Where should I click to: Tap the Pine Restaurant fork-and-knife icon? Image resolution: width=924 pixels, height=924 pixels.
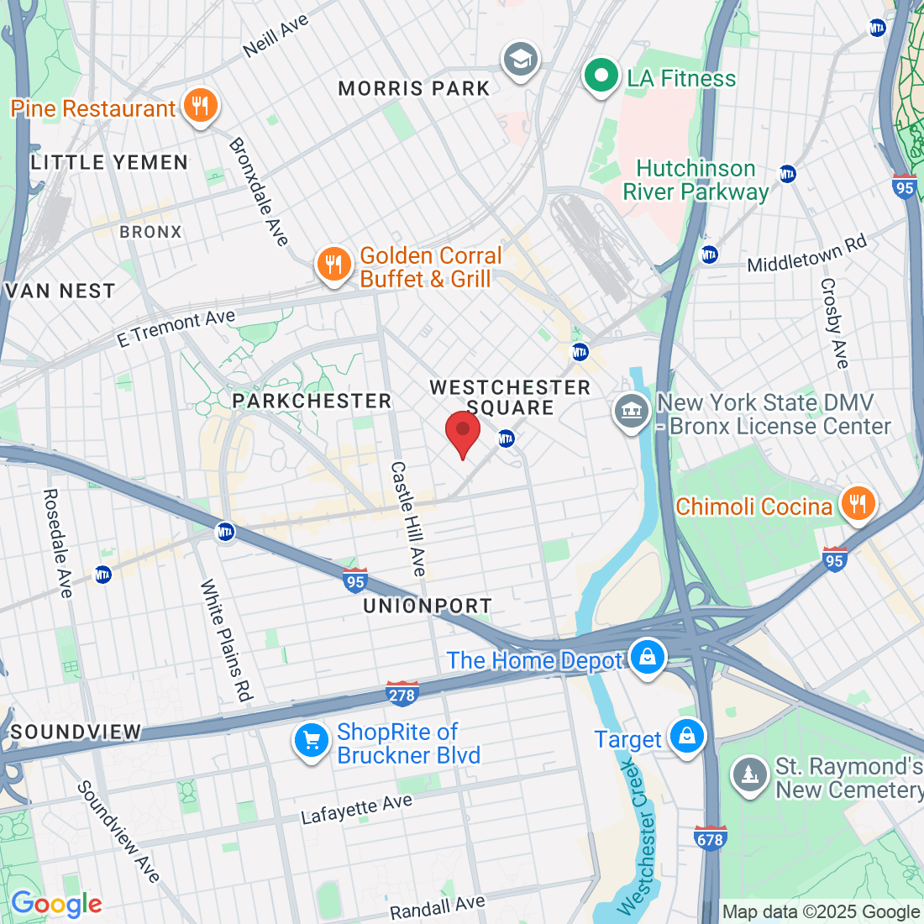tap(200, 107)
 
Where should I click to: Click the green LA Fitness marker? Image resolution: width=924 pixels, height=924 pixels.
tap(601, 76)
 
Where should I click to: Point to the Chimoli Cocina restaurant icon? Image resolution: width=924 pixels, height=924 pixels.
tap(857, 505)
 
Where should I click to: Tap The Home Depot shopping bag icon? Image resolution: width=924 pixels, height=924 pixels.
tap(648, 658)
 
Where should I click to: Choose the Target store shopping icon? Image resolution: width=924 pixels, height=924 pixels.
tap(687, 737)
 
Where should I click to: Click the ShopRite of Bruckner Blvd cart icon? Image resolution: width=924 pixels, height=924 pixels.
tap(312, 742)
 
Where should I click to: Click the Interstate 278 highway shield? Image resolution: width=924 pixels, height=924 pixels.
tap(402, 694)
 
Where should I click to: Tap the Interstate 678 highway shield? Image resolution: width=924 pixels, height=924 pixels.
tap(710, 837)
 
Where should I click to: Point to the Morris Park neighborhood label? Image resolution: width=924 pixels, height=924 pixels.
tap(413, 89)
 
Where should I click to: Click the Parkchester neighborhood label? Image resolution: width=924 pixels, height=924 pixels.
tap(312, 401)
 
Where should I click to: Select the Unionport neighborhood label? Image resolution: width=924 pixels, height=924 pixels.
tap(428, 606)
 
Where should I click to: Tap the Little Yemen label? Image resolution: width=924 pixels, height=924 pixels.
tap(109, 162)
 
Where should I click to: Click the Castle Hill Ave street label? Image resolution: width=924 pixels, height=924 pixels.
tap(408, 518)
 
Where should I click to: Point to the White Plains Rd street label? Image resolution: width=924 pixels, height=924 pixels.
tap(226, 640)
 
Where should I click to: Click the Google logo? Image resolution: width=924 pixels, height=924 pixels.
tap(56, 904)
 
